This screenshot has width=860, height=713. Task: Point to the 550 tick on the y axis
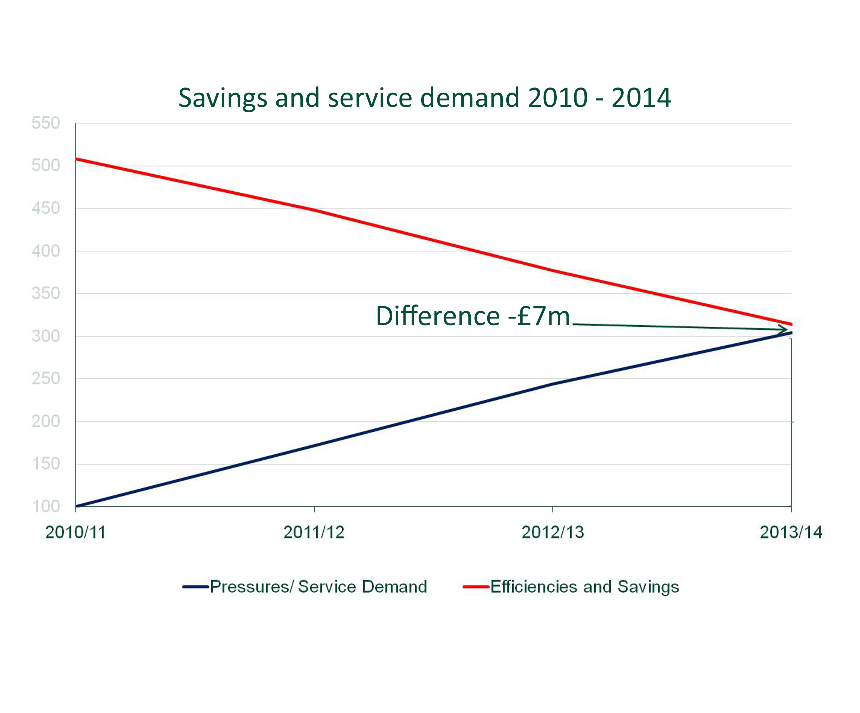coord(46,123)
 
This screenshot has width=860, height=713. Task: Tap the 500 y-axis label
coord(46,166)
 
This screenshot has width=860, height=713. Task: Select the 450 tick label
coord(46,208)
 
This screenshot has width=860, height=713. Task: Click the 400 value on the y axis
coord(46,251)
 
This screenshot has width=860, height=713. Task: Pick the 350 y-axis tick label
coord(46,294)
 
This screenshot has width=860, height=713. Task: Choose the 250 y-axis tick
coord(46,379)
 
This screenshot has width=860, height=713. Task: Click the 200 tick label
coord(46,421)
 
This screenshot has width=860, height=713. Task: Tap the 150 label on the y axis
coord(46,464)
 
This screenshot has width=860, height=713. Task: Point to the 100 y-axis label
coord(46,506)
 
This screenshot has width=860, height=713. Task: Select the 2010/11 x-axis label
coord(75,532)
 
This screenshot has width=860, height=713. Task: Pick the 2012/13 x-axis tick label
coord(552,532)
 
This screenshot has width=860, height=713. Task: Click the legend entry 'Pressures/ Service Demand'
coord(318,587)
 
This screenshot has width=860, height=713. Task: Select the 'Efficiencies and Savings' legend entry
coord(584,587)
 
